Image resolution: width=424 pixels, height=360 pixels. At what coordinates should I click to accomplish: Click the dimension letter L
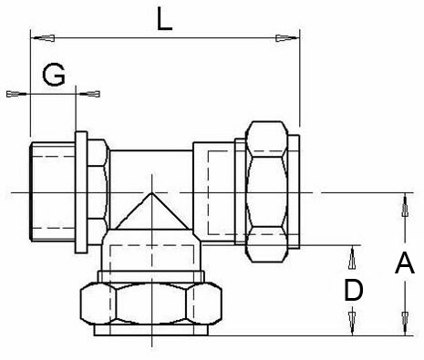tap(164, 19)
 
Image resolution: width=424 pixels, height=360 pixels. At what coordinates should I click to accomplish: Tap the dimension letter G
tap(54, 75)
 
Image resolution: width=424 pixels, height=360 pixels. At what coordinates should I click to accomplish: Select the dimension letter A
tap(405, 262)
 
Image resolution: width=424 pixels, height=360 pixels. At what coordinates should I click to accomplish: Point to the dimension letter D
tap(354, 291)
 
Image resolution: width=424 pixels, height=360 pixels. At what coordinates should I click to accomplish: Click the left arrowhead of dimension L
tap(43, 38)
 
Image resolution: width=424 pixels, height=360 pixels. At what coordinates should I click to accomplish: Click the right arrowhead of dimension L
tap(287, 38)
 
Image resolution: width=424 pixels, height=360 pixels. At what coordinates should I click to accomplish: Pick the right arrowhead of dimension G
tap(88, 94)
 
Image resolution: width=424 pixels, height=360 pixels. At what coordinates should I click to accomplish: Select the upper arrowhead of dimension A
tap(405, 205)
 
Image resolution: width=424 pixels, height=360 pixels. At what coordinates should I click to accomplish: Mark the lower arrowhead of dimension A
tap(405, 324)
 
